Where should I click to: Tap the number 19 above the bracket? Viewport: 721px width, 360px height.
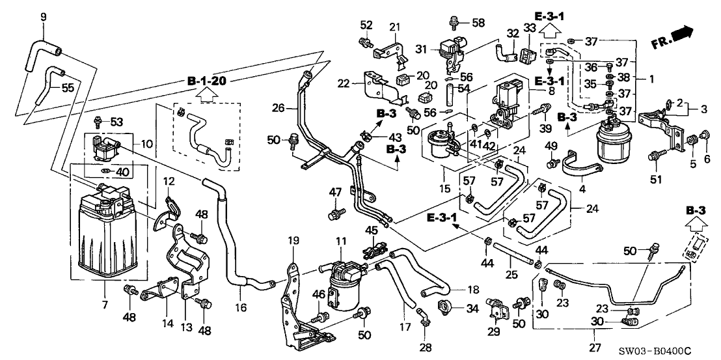pos(293,240)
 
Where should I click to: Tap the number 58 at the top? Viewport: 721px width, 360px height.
pos(479,23)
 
